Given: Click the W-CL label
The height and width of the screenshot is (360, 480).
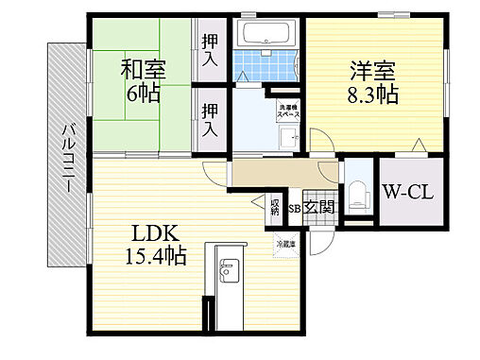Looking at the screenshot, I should tap(407, 195).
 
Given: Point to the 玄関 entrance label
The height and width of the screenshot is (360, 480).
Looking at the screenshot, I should tap(319, 207).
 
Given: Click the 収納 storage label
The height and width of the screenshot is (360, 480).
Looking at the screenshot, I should tap(274, 205).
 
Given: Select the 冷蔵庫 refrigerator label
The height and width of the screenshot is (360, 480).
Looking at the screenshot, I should tap(285, 245).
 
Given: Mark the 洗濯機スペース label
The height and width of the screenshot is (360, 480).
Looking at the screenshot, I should tap(283, 110).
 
